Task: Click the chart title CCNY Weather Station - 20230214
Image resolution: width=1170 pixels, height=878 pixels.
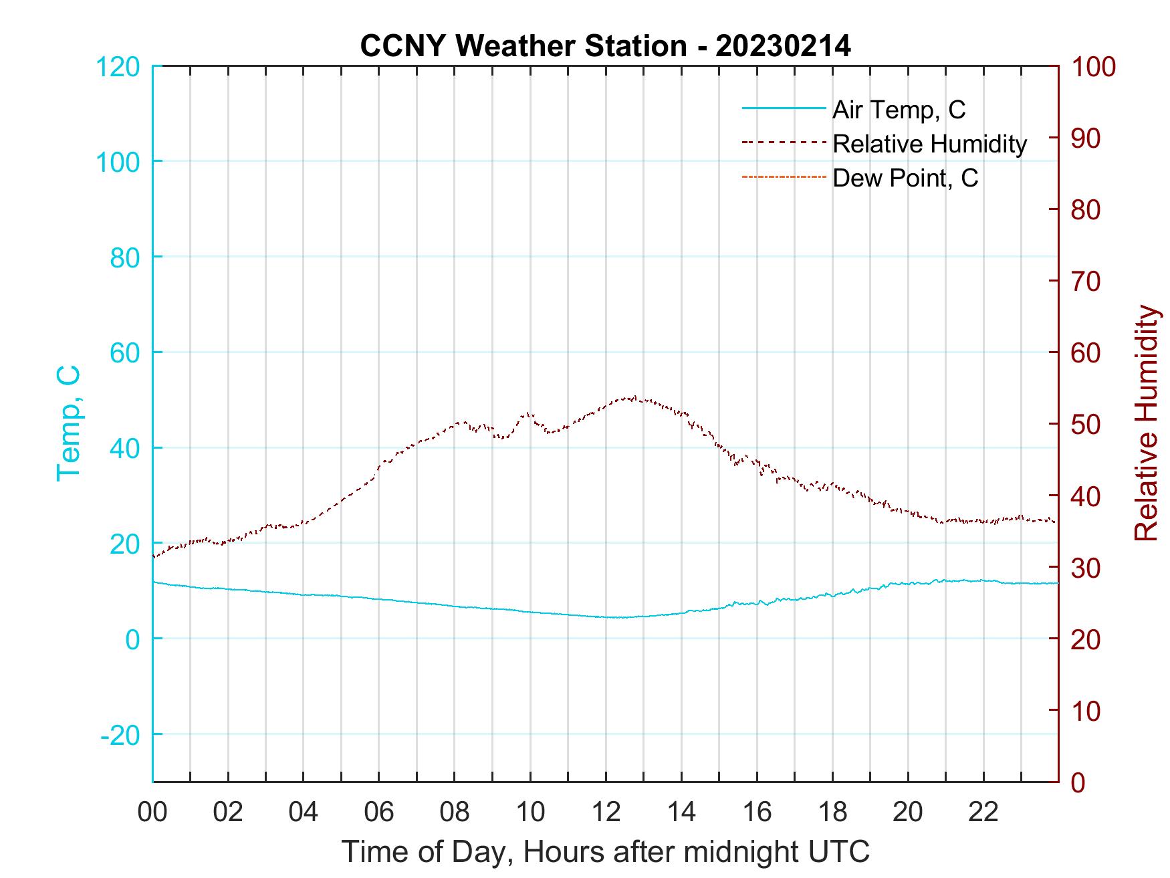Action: coord(605,46)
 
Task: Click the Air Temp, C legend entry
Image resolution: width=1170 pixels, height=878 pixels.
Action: coord(899,110)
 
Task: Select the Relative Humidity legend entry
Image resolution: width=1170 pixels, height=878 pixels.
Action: coord(929,144)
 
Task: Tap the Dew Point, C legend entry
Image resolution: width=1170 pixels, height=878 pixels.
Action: coord(905,179)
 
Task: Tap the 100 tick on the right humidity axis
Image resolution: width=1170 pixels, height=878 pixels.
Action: coord(1094,67)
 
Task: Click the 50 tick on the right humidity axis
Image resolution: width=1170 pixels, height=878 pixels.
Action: coord(1086,425)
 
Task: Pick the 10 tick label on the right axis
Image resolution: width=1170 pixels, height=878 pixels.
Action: coord(1086,711)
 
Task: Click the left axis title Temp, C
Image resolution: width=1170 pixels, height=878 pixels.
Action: coord(68,423)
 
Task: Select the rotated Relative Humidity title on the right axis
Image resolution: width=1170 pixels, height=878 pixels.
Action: coord(1146,423)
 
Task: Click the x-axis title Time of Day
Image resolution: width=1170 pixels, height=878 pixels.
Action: coord(605,852)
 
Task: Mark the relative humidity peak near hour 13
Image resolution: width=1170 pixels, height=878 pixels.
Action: coord(632,397)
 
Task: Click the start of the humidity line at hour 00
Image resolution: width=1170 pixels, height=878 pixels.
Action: coord(154,556)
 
